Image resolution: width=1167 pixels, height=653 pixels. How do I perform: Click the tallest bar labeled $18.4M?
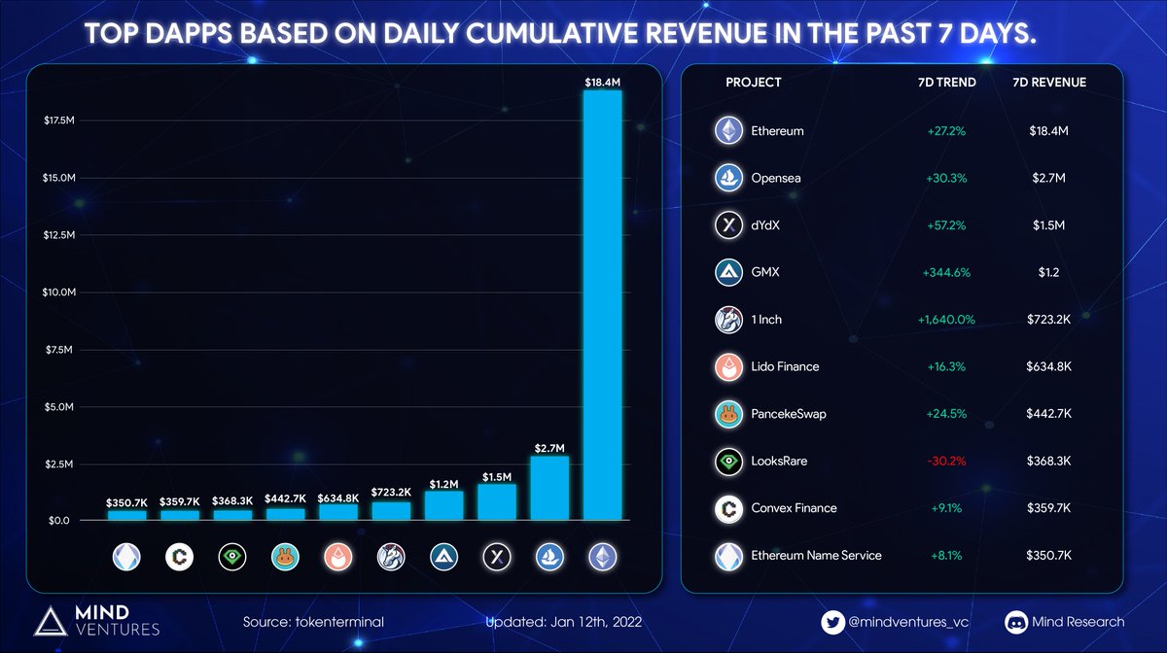(x=602, y=306)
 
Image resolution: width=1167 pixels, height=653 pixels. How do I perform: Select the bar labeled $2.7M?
(x=549, y=488)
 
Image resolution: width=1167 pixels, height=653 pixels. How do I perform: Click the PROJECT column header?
(x=753, y=83)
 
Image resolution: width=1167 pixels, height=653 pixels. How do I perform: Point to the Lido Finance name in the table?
(x=785, y=366)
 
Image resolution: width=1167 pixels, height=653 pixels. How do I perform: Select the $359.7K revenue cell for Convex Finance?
(x=1050, y=508)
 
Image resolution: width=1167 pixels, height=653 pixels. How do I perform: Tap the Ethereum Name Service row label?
(x=816, y=555)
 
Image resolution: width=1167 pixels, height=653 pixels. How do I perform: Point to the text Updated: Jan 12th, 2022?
(x=563, y=622)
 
